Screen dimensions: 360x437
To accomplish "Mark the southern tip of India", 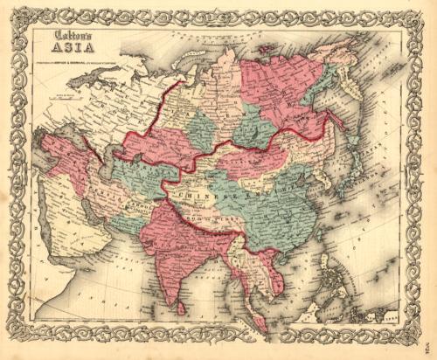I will click(x=175, y=297).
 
